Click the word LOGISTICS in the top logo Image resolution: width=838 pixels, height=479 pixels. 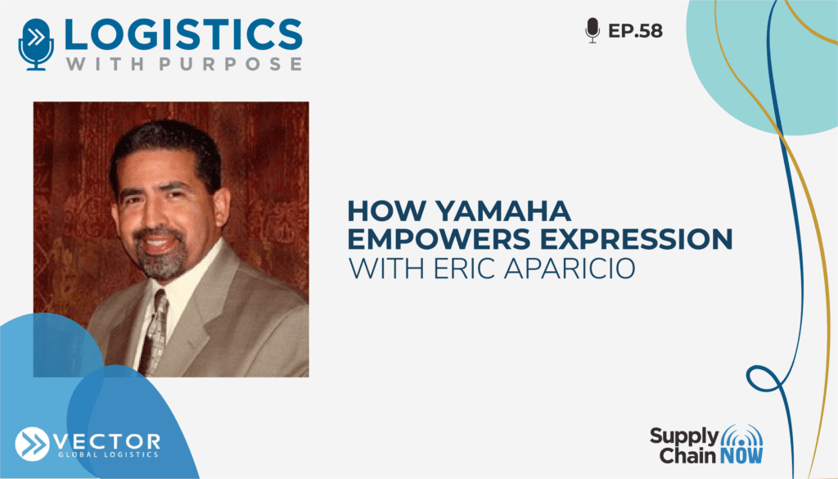(183, 34)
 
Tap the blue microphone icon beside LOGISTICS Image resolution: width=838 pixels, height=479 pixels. (36, 44)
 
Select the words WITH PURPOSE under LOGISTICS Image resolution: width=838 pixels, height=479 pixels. (184, 64)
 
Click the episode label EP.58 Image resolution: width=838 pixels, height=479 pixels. (635, 31)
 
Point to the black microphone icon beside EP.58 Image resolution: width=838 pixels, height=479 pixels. (592, 30)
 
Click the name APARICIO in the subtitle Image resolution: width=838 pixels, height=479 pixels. (570, 269)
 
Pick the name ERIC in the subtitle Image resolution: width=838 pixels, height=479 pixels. (466, 269)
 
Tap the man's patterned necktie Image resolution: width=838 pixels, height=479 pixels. (155, 332)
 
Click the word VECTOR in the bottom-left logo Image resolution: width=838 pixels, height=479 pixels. (107, 442)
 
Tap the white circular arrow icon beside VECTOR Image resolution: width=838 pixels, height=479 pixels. (32, 445)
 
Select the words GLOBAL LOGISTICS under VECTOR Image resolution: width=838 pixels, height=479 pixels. (109, 455)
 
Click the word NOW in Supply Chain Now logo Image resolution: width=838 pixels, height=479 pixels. (741, 455)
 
